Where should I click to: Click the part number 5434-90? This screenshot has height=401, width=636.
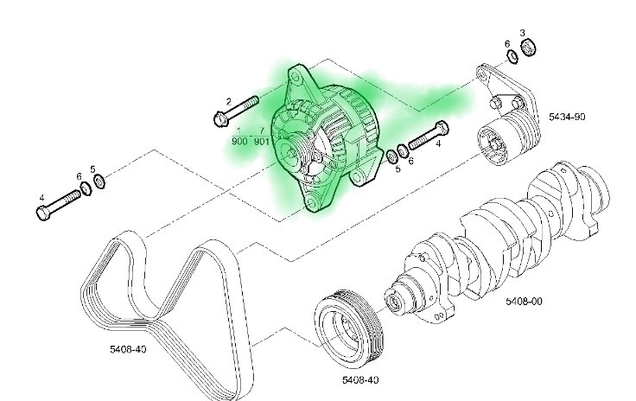pyautogui.click(x=567, y=117)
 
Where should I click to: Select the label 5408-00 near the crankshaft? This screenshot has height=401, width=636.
pyautogui.click(x=524, y=302)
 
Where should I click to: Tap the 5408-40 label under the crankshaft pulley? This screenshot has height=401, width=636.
pyautogui.click(x=360, y=380)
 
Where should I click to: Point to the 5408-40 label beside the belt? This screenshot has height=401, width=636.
pyautogui.click(x=128, y=349)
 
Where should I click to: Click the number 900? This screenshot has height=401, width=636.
pyautogui.click(x=239, y=141)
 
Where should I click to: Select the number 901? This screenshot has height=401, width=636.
pyautogui.click(x=262, y=141)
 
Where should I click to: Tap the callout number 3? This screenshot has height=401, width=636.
pyautogui.click(x=523, y=33)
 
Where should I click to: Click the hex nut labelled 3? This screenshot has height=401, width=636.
pyautogui.click(x=529, y=48)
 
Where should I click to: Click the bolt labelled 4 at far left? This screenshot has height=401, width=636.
pyautogui.click(x=59, y=205)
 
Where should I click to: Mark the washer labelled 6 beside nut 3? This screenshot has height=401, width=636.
pyautogui.click(x=513, y=57)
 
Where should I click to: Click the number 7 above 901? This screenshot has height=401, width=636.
pyautogui.click(x=262, y=130)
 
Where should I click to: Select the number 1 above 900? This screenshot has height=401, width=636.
pyautogui.click(x=238, y=130)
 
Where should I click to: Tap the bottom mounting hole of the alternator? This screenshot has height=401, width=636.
pyautogui.click(x=312, y=204)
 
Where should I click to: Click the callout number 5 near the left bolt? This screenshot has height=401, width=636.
pyautogui.click(x=92, y=169)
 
